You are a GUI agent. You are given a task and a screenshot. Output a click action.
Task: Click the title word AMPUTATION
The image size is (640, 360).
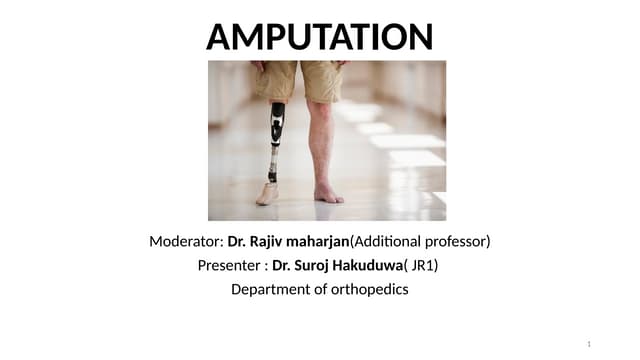coord(319,37)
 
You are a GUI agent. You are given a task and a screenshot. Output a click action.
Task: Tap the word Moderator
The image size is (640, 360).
coord(184,242)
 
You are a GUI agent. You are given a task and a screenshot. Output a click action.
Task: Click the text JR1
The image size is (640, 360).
coord(423,266)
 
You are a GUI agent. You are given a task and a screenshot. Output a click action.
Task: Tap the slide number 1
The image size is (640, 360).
coord(589,344)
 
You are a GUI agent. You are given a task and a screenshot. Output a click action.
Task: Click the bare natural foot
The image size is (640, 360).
coord(327,192)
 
